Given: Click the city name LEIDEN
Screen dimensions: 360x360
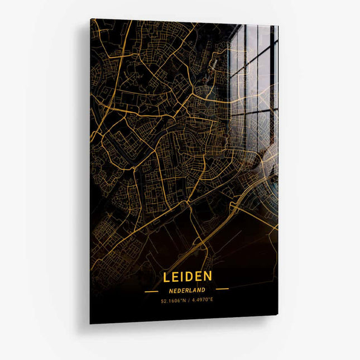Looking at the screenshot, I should [x=187, y=276].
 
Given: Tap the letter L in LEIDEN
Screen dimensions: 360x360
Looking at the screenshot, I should [x=166, y=276].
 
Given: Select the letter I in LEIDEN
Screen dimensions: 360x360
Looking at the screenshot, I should [x=184, y=276].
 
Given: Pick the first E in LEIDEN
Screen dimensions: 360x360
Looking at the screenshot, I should [x=175, y=276].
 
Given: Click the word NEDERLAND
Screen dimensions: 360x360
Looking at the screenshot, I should [x=187, y=290].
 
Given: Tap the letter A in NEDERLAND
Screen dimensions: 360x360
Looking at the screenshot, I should [x=196, y=290].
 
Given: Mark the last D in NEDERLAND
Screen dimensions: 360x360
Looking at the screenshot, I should [x=205, y=290].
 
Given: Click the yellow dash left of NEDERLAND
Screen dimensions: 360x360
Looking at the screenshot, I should [x=152, y=290].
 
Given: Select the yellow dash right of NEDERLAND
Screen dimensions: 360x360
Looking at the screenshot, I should [x=222, y=289].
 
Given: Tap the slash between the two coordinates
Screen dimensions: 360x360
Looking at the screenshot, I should [x=188, y=300].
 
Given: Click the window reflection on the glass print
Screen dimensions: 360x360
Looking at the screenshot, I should [x=252, y=89].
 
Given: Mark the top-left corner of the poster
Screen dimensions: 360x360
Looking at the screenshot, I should [x=90, y=19].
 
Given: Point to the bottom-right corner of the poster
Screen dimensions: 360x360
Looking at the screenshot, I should [x=277, y=316].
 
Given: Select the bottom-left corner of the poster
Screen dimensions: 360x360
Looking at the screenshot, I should [x=90, y=323].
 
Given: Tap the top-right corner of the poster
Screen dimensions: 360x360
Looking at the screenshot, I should [x=277, y=26].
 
